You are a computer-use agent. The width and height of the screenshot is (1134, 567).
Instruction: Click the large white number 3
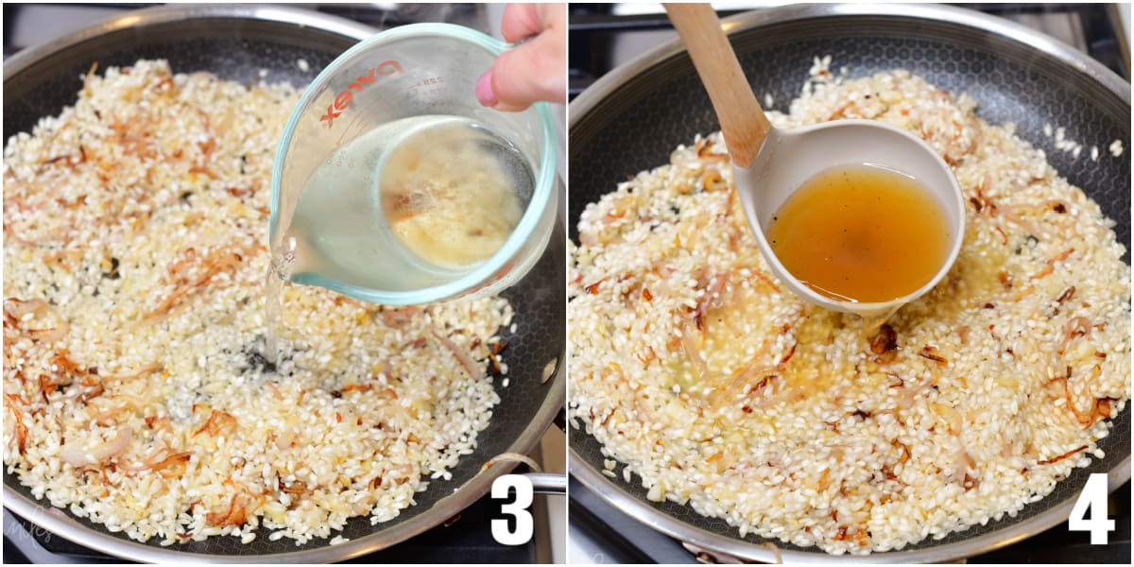pos(511,509)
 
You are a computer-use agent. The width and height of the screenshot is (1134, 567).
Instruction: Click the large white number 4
pos(1091,509)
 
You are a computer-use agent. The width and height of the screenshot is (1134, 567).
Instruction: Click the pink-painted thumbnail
pos(487,89)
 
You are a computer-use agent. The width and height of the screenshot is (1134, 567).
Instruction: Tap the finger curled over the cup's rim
pos(529,57)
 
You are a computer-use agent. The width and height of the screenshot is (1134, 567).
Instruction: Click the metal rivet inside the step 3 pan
pos(550,369)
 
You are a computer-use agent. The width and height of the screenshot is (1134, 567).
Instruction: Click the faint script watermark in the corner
pos(28,529)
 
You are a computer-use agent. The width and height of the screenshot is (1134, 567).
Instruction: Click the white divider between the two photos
pos(567,283)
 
